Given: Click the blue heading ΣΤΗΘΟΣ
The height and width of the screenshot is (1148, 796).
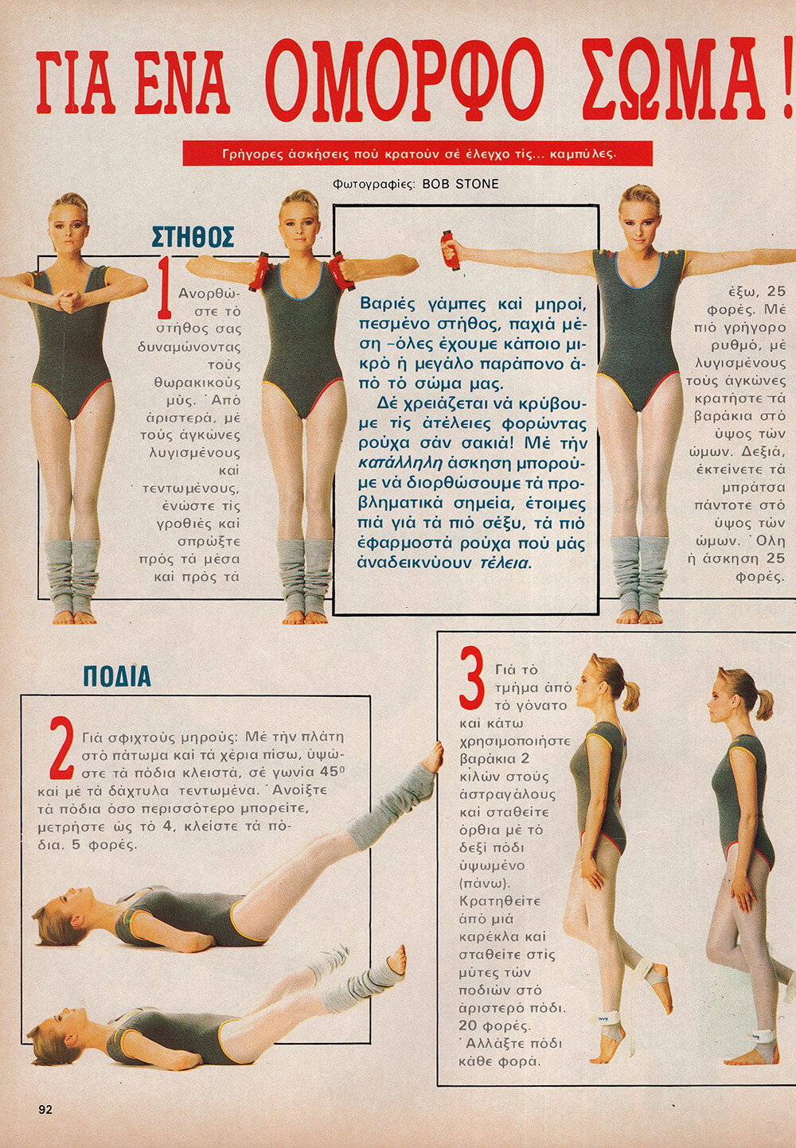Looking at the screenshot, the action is (193, 237).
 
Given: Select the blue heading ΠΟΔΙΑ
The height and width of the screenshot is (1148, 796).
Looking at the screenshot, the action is (117, 677).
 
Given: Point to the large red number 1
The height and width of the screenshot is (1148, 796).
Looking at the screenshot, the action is (165, 287).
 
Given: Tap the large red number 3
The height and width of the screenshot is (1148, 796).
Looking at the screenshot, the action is (472, 678).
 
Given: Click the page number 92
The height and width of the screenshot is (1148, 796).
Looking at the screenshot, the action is (45, 1110).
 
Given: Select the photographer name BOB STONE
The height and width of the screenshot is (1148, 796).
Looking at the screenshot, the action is (460, 185).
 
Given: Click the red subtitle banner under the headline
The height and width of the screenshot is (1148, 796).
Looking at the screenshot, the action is (417, 154).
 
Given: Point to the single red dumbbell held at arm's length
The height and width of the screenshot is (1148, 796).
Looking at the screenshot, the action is (451, 246).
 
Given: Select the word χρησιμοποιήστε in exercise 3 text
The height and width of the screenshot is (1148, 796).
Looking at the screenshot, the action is (515, 741).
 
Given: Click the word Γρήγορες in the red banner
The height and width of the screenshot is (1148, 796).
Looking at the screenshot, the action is (249, 154).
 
